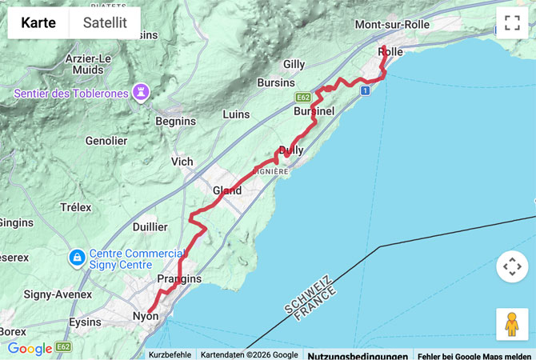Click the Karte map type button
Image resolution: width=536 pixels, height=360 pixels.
point(38,23)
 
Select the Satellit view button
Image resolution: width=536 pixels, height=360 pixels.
point(105,23)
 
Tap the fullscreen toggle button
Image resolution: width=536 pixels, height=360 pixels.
point(512,23)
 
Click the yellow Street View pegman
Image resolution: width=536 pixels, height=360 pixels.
point(512,324)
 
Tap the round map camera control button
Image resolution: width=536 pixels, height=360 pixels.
point(512,266)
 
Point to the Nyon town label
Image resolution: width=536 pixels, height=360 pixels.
point(145,317)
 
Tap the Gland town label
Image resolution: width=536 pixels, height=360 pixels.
point(227,190)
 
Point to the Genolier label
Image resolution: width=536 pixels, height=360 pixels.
point(106,141)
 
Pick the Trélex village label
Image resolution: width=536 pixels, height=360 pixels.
point(76,207)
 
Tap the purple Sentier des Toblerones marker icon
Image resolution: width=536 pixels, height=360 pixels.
point(142,94)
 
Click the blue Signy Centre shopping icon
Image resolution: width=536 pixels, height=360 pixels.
point(78,258)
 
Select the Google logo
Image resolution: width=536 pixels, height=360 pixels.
point(30,349)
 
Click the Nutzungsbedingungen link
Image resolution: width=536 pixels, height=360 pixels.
point(357,354)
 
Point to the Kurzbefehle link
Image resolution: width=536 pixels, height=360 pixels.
point(170,354)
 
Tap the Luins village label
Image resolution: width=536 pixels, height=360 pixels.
point(236,114)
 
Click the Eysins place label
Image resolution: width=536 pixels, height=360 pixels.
point(86,322)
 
